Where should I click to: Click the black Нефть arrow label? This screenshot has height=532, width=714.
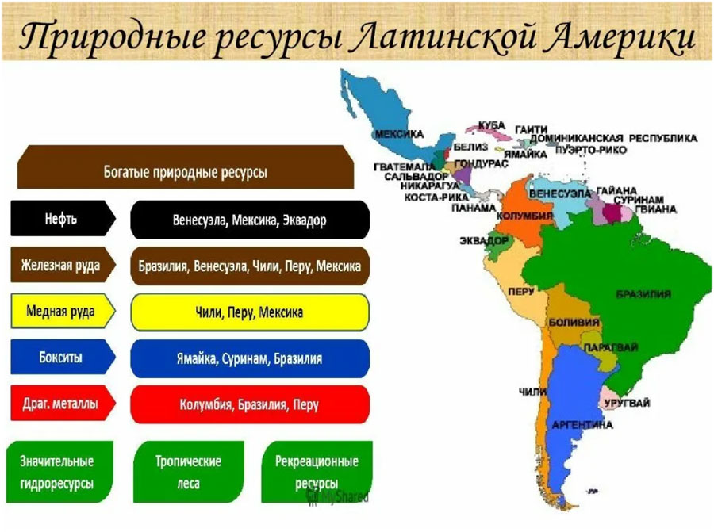63,219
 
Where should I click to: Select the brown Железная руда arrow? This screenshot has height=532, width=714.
63,265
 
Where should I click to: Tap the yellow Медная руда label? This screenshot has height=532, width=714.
63,312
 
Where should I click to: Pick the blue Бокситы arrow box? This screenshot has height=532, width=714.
63,358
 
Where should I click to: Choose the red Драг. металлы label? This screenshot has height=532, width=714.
63,404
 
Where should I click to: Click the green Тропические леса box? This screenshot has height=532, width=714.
188,472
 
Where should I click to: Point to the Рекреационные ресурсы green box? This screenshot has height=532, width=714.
317,472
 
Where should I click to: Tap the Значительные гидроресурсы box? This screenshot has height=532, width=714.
59,472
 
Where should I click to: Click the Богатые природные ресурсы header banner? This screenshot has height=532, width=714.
186,167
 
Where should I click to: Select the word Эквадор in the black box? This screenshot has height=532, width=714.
305,220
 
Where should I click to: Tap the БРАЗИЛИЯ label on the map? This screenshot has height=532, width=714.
643,294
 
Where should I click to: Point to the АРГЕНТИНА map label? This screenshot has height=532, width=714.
582,425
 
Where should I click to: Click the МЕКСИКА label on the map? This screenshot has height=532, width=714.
399,134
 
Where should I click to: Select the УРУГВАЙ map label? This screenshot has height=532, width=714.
627,403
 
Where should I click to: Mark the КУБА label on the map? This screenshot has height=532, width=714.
492,125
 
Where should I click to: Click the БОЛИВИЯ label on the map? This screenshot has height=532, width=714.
574,322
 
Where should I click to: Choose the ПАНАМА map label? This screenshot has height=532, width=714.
474,208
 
